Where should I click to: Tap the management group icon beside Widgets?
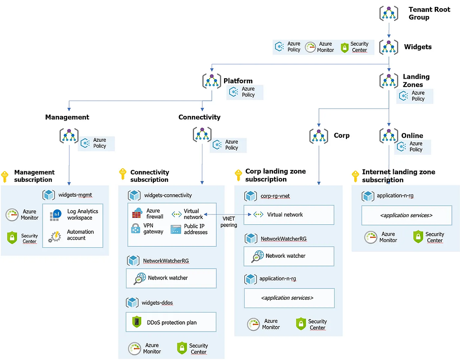tap(389, 47)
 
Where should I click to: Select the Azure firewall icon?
tap(138, 213)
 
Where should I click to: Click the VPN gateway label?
tap(153, 228)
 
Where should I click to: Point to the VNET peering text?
tap(229, 222)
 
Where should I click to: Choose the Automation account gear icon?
tap(56, 236)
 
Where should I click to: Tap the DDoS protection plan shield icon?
tap(137, 322)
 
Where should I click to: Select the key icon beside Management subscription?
tap(5, 176)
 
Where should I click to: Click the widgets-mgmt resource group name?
tap(75, 195)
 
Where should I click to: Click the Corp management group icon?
tap(319, 136)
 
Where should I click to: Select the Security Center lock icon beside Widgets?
tap(345, 47)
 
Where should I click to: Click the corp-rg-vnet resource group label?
tap(275, 196)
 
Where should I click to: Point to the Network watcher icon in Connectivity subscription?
tap(139, 278)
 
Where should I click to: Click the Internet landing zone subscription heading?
tap(398, 176)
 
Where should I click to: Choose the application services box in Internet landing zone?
tap(406, 215)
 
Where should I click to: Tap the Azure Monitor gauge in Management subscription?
tap(12, 215)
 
